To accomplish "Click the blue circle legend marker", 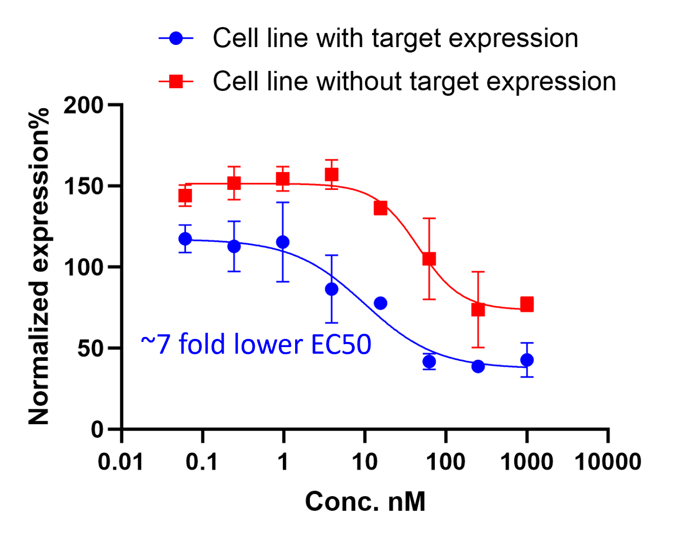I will (x=176, y=38).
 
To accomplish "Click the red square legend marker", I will (x=176, y=81).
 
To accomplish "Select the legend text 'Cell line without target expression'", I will (x=414, y=81).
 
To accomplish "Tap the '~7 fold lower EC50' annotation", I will (x=256, y=344).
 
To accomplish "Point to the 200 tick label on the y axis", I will (x=83, y=105).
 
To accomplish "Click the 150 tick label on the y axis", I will (x=83, y=186).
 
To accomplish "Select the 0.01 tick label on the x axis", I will (x=121, y=462).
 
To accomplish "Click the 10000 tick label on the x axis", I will (x=608, y=462).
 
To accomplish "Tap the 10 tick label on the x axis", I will (x=364, y=462).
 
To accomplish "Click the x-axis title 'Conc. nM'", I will (x=365, y=501).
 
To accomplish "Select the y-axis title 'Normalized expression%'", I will (x=39, y=266).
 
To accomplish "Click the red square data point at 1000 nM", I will (x=527, y=305).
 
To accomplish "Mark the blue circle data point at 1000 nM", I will (x=527, y=360).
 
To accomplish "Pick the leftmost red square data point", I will (x=185, y=195).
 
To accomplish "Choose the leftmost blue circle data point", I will (x=185, y=239).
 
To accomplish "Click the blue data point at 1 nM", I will (x=283, y=242).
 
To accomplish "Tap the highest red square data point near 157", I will (x=331, y=175).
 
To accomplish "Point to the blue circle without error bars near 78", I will (x=380, y=303).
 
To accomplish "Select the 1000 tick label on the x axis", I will (x=527, y=462).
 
